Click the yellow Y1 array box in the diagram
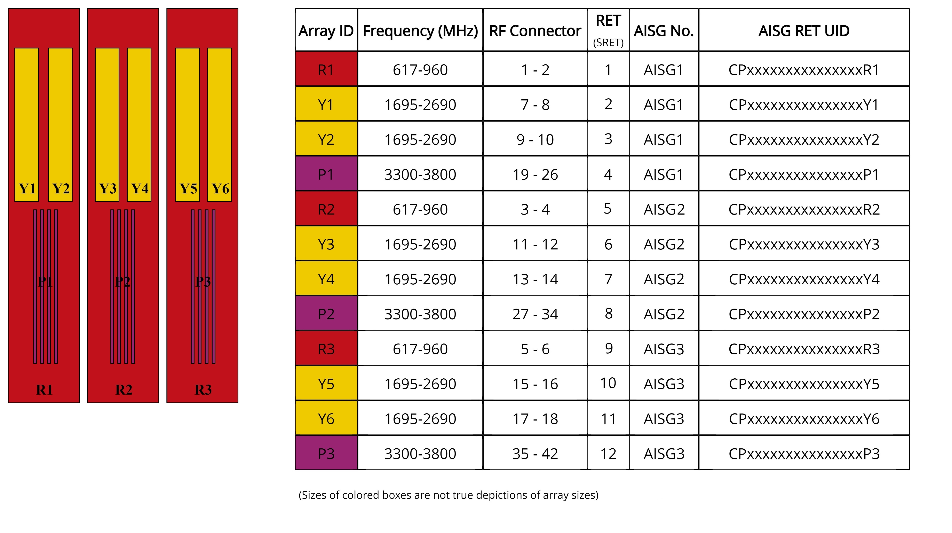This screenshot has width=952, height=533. coord(27,125)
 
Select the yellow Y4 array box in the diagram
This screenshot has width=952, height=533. coord(139,125)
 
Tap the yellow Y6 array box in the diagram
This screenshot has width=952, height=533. coord(220,125)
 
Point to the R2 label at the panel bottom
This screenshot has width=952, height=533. coord(124,389)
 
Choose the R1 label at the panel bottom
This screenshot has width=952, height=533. coord(44,389)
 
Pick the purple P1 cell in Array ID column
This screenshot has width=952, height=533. coord(326,174)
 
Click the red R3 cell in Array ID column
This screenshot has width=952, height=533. coord(326,349)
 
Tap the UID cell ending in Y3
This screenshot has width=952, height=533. coord(804,244)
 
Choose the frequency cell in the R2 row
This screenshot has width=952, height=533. coord(420,209)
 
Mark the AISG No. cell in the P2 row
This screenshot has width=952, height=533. coord(664,314)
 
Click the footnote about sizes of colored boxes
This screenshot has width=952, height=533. coord(448,495)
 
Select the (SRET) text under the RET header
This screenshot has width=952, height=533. coord(608,43)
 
